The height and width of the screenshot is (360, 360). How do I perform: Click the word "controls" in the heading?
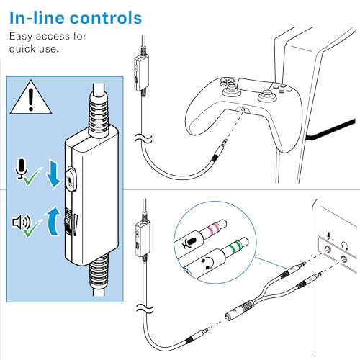coord(107,18)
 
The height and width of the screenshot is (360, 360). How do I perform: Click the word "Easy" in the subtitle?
coord(21,37)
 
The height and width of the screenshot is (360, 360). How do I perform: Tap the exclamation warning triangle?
coord(31,97)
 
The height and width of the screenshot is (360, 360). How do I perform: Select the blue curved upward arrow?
coord(53,222)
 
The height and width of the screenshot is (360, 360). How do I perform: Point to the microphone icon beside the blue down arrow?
coord(22,168)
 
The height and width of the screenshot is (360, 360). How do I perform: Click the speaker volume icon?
coord(22,222)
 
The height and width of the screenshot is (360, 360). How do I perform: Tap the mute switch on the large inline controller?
coord(71,179)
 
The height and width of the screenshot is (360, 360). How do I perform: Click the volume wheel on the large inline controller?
coord(68,221)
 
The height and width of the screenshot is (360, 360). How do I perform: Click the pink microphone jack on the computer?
coord(328,250)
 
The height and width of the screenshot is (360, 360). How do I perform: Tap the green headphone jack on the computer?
coord(344,259)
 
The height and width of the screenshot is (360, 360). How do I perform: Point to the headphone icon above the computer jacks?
coord(345,246)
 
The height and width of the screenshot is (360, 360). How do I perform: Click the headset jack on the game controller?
coord(243,110)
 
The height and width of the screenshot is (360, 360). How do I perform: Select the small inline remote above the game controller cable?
coord(141,73)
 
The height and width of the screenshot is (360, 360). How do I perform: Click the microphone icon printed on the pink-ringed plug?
coord(189,242)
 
